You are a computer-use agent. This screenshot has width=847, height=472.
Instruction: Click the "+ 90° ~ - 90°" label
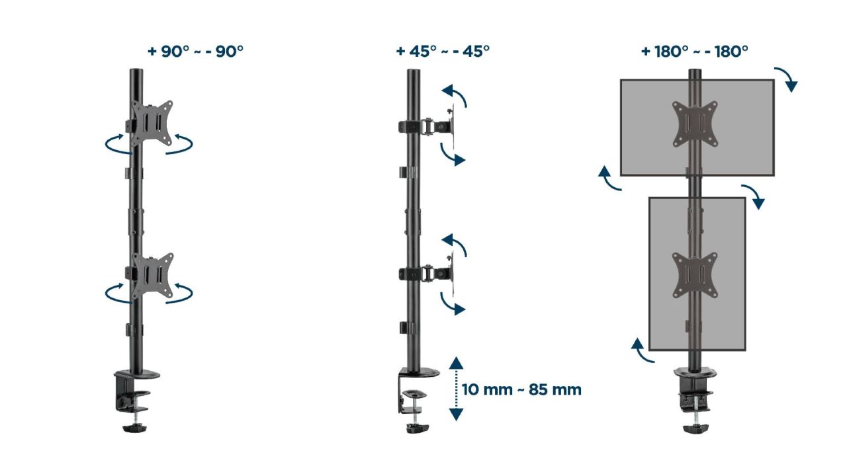[195, 52]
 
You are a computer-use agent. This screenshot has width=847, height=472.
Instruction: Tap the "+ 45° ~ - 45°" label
[443, 52]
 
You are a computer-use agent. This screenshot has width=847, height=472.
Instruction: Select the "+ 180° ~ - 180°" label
[694, 52]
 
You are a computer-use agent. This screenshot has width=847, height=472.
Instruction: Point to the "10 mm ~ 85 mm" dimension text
[521, 389]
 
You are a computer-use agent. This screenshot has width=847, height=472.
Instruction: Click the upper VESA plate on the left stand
[152, 123]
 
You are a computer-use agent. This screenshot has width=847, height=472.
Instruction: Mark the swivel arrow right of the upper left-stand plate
[180, 145]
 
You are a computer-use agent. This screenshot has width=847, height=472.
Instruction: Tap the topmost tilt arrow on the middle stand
[455, 95]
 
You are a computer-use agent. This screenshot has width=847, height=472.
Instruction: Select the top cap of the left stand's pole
[136, 71]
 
